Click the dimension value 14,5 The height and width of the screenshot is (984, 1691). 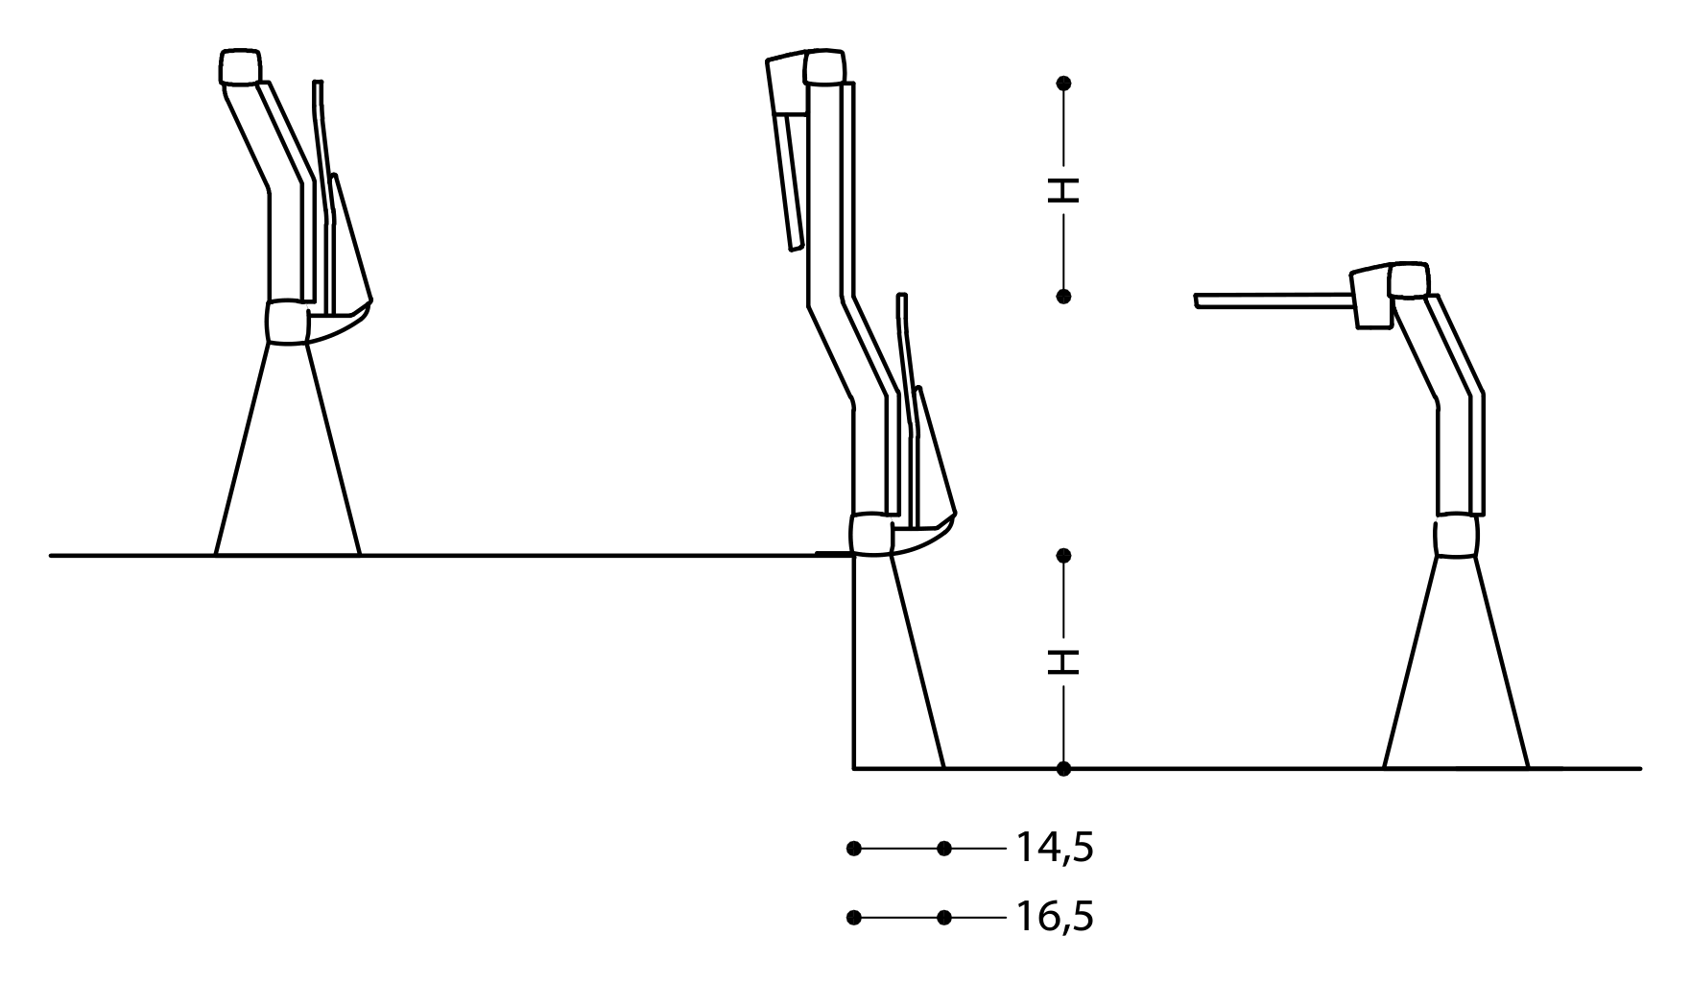[1054, 848]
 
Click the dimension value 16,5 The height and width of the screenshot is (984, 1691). [1054, 918]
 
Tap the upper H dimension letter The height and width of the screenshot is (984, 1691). [1063, 190]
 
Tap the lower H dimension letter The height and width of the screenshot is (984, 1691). [1063, 661]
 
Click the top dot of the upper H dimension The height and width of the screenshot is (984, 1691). [1063, 84]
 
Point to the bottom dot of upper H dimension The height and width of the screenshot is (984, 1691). [1063, 297]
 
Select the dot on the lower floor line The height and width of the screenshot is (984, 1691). [1063, 769]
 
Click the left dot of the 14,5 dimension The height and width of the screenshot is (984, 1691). [854, 849]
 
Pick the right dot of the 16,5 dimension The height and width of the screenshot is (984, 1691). [944, 918]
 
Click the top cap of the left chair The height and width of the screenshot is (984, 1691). [240, 67]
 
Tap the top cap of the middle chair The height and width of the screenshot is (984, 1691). [826, 67]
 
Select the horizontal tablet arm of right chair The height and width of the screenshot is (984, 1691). [1272, 302]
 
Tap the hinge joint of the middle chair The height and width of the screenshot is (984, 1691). [871, 534]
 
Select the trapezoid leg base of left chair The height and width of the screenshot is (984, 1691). [288, 461]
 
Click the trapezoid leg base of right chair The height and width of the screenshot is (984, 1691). [1456, 672]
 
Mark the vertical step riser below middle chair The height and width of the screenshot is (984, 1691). [854, 662]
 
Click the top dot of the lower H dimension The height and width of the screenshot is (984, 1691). [1063, 556]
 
